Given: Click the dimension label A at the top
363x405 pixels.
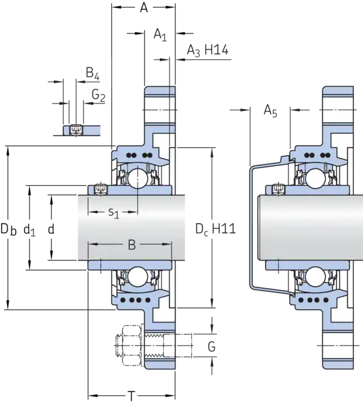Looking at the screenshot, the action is click(144, 8).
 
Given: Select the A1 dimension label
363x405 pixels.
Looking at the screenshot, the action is click(160, 35).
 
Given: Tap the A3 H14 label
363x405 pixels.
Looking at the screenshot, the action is click(208, 50).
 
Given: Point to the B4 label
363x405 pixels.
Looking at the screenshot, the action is click(93, 73).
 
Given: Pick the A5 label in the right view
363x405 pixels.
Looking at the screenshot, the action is click(270, 111).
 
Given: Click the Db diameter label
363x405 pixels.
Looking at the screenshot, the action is click(8, 229).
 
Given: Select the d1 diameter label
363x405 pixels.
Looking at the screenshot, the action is click(29, 229).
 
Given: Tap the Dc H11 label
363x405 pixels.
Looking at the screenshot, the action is click(215, 229).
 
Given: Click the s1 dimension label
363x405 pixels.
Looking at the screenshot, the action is click(114, 213).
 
